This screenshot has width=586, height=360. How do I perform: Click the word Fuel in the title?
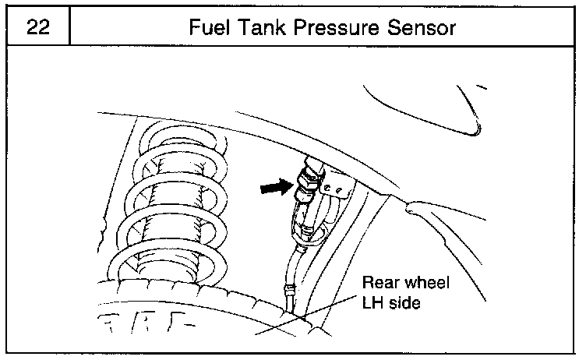pyautogui.click(x=210, y=28)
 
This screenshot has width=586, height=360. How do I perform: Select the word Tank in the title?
pyautogui.click(x=265, y=28)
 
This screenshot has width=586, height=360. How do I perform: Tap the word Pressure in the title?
pyautogui.click(x=338, y=28)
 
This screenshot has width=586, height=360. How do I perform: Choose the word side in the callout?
pyautogui.click(x=405, y=302)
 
